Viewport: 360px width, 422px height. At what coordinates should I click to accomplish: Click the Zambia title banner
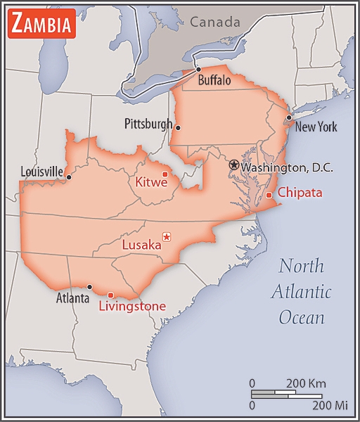(41, 25)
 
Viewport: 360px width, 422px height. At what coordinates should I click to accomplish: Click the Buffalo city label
(214, 81)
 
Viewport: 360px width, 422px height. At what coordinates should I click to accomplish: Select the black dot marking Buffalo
(199, 69)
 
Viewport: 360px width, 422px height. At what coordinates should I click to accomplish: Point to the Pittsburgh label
(148, 124)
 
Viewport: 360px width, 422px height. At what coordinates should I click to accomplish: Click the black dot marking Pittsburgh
(179, 127)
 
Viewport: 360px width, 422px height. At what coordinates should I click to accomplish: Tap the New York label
(316, 127)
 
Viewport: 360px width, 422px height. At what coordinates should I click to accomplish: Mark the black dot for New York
(288, 117)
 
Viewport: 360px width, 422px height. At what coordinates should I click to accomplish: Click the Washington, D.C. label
(287, 168)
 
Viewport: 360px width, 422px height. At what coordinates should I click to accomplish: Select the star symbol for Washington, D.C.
(233, 164)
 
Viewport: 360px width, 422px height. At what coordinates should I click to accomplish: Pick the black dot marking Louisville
(68, 177)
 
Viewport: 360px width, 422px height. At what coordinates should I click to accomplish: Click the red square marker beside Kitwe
(165, 174)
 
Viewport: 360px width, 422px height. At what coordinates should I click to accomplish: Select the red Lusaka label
(141, 245)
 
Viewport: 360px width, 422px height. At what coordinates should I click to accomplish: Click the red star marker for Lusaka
(167, 236)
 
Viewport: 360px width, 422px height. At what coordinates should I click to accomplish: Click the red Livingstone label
(132, 306)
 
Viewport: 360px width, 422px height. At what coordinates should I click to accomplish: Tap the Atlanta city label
(73, 298)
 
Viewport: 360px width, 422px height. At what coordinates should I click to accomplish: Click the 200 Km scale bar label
(306, 383)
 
